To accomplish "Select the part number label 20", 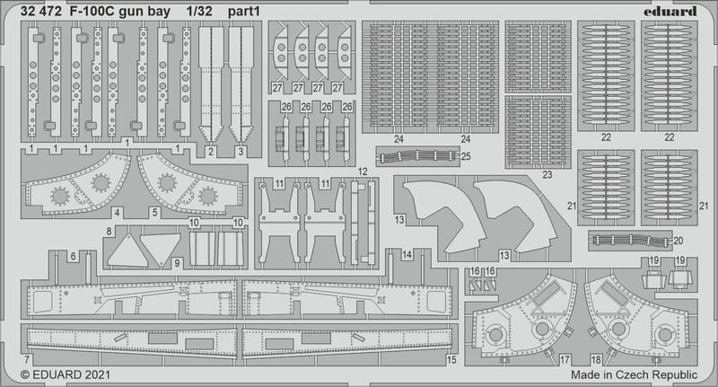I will click(678, 241).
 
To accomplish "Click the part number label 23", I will click(547, 175).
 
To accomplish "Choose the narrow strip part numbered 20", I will click(628, 241).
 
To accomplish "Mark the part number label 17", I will click(565, 358).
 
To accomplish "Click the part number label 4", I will click(118, 213).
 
